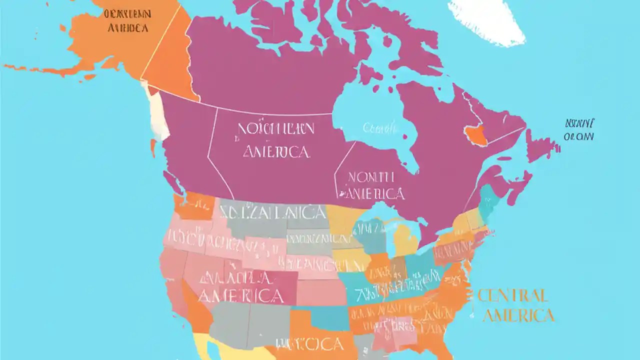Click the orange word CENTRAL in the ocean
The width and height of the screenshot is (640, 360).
(512, 295)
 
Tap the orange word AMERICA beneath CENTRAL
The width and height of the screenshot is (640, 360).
(520, 315)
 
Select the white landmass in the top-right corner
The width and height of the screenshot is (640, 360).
(487, 20)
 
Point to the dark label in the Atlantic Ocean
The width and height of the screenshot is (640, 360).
(578, 129)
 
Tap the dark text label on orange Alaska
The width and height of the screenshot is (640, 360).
(127, 20)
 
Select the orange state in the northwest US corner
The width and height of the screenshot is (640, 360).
(192, 206)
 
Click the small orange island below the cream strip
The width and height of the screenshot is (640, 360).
(153, 148)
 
